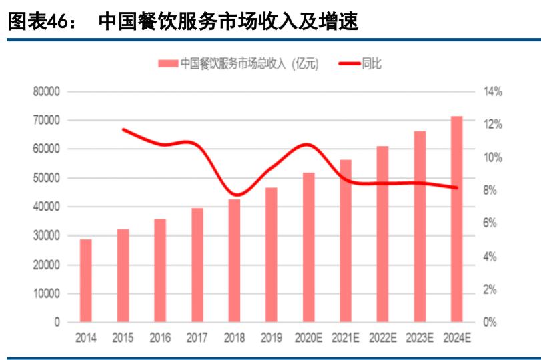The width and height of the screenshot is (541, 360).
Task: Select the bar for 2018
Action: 234,261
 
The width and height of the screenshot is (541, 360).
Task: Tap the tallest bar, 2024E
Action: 456,219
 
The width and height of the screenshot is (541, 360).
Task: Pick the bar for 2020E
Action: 308,247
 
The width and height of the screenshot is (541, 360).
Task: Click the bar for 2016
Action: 160,271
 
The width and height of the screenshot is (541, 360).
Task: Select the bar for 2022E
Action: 382,234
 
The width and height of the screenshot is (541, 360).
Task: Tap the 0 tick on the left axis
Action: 57,323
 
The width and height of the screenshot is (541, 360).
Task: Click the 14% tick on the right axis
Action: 492,92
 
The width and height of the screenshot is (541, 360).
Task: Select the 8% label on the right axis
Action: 490,191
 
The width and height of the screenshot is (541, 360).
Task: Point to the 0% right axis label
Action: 490,323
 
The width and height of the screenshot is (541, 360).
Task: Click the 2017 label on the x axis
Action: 197,338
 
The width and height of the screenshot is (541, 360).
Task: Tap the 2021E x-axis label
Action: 345,338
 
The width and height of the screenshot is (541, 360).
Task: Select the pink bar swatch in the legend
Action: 168,64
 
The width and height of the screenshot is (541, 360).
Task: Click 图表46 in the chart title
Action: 39,22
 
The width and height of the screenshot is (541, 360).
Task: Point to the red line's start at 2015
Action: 123,129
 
